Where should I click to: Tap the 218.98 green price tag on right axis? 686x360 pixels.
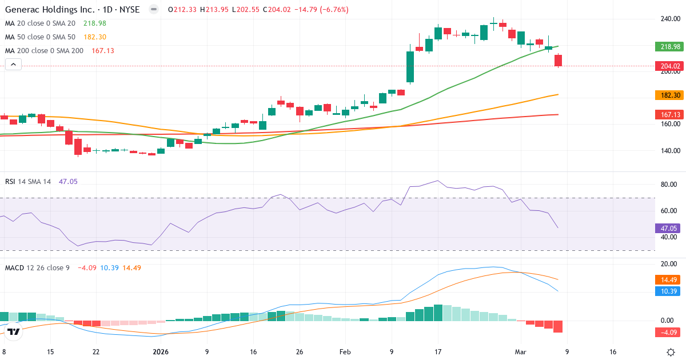coord(668,47)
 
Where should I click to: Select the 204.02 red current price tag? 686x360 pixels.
coord(668,66)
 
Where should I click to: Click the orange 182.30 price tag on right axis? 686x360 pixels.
coord(668,95)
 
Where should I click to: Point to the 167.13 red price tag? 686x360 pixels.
coord(668,115)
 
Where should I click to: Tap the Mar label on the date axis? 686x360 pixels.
coord(521,352)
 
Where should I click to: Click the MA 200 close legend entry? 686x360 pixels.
coord(44,51)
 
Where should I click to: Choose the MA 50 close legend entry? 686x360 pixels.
coord(40,37)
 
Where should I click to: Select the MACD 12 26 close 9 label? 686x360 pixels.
coord(37,267)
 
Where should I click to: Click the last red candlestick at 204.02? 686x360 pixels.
coord(558,61)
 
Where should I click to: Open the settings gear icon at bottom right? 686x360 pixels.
coord(672,352)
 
